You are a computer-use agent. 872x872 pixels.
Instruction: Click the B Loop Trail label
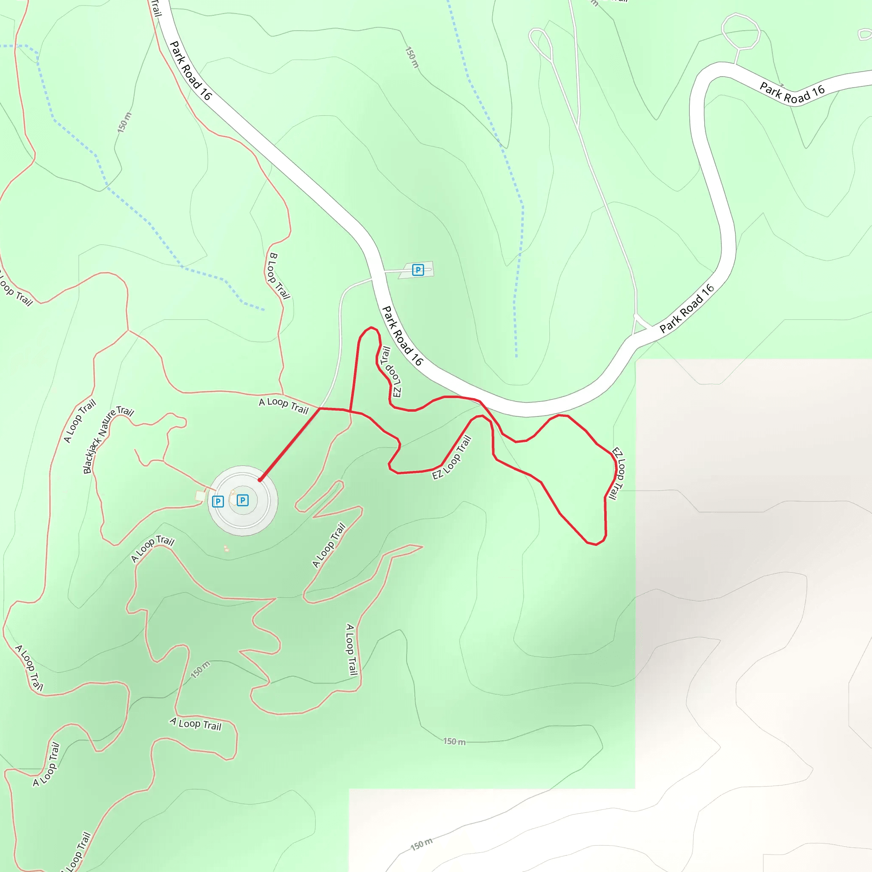[279, 276]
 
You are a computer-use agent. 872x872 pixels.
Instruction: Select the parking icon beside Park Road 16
[418, 270]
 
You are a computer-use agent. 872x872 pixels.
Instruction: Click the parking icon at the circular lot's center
[242, 500]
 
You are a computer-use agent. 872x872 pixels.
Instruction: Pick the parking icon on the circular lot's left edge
[218, 502]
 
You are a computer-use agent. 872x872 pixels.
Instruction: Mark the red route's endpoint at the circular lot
[260, 480]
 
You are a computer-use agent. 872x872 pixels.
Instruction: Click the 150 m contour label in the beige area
[421, 843]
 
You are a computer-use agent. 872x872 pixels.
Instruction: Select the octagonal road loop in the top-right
[741, 31]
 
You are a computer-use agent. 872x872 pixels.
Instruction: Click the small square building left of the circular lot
[201, 496]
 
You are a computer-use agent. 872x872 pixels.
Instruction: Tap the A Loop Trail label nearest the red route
[284, 405]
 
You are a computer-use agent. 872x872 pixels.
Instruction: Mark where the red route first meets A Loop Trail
[320, 408]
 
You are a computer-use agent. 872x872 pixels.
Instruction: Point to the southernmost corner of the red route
[596, 544]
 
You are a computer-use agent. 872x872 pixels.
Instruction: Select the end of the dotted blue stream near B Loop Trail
[264, 310]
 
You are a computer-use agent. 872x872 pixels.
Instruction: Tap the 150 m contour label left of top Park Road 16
[124, 122]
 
